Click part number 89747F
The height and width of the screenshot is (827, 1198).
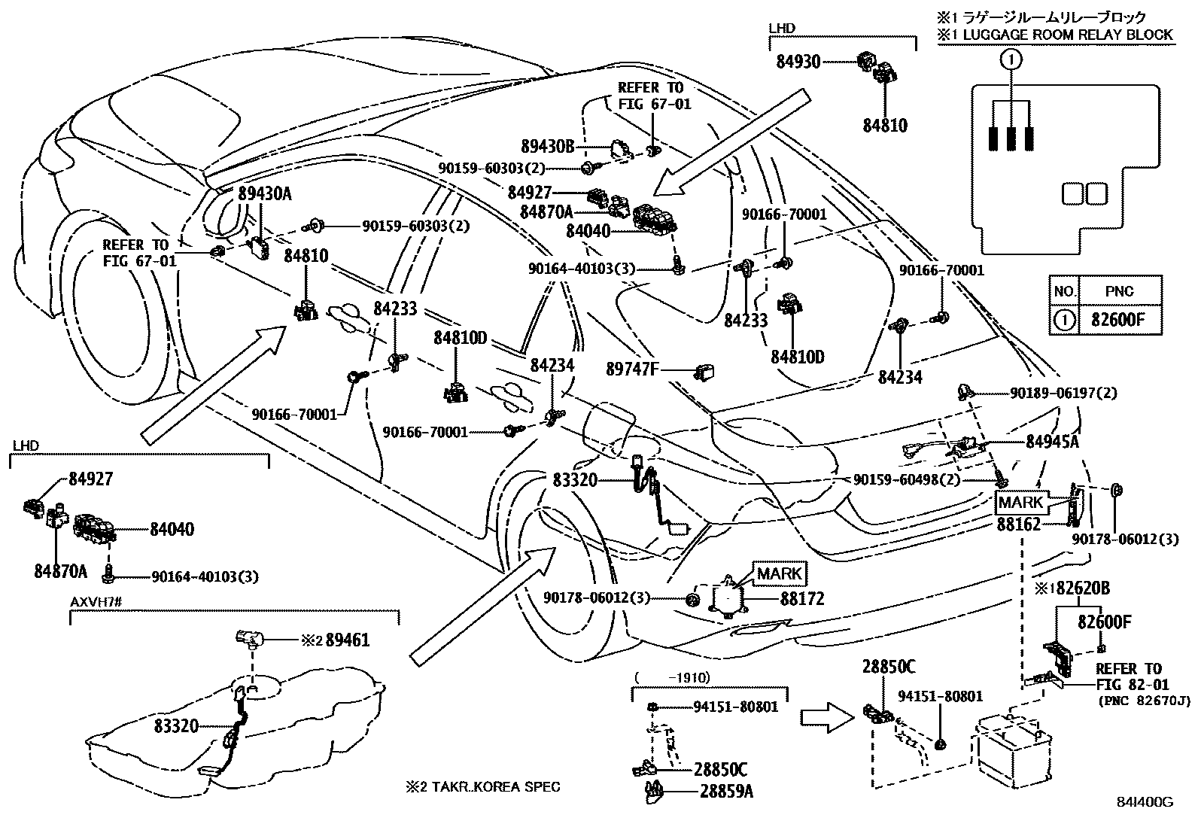click(x=633, y=369)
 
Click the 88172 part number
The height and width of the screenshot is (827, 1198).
click(x=802, y=599)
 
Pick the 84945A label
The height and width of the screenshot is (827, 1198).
click(x=1052, y=442)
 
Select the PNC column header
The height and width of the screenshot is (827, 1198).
click(x=1120, y=290)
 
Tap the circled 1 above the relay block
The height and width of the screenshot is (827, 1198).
click(x=1012, y=59)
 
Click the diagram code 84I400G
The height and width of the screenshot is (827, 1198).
click(x=1147, y=802)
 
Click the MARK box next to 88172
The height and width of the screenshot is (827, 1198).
click(x=780, y=573)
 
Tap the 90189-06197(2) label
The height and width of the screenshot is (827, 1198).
click(x=1063, y=393)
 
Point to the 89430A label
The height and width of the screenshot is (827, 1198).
click(x=264, y=194)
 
